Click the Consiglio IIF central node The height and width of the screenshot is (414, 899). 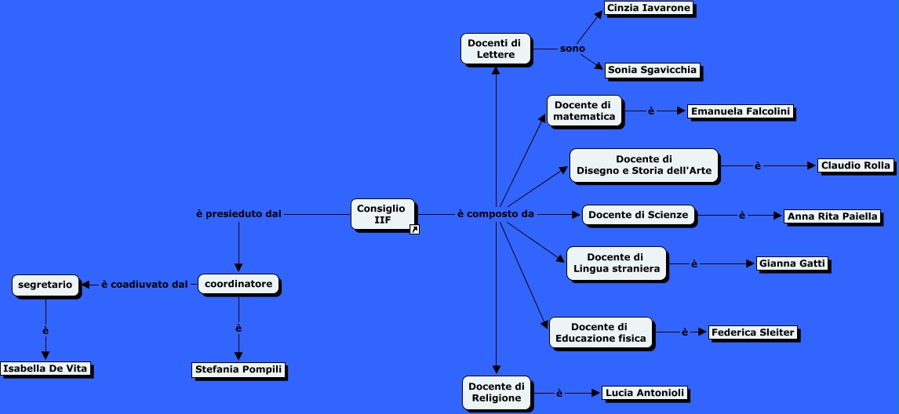[382, 213]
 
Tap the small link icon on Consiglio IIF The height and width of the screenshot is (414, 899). [414, 229]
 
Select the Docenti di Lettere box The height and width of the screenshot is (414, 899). [495, 49]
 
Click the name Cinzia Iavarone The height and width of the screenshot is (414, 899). [650, 9]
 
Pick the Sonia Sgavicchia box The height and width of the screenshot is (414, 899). [652, 70]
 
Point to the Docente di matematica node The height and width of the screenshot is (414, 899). [584, 111]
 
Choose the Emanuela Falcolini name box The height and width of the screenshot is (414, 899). [740, 111]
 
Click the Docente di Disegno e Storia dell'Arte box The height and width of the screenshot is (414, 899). [644, 165]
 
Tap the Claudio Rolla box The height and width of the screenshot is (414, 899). [855, 165]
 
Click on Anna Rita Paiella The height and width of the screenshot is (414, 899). [832, 216]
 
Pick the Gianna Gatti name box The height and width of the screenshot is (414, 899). [792, 263]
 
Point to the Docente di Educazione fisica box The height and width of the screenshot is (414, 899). [600, 332]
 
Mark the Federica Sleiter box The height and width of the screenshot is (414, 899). [753, 332]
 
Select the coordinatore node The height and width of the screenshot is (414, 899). [238, 284]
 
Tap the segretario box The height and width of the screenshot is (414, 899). [46, 285]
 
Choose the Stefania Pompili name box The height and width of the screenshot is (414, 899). [238, 369]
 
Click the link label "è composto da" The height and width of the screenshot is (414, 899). [495, 214]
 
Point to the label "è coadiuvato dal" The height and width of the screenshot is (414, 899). [144, 284]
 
